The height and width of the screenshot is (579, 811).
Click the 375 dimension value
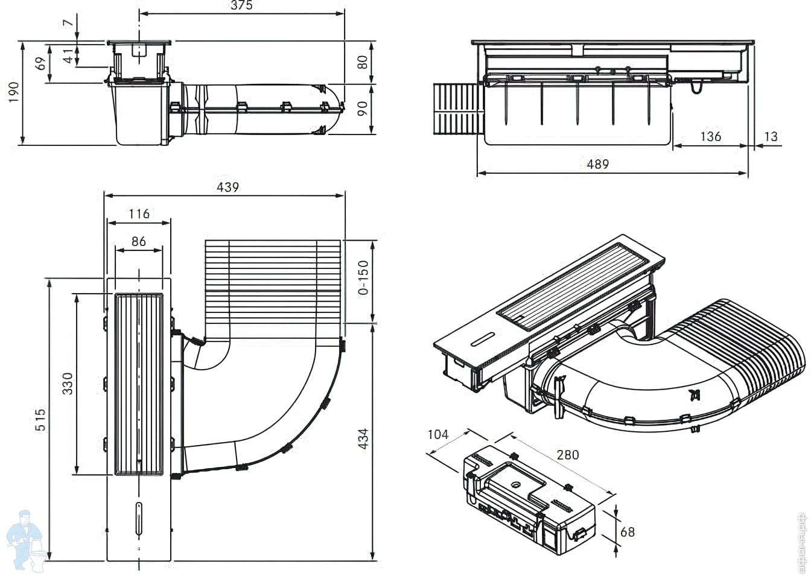[241, 5]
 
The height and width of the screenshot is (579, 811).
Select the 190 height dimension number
[14, 92]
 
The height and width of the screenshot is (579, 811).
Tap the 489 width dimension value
[598, 164]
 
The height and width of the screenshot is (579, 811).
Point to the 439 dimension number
[227, 187]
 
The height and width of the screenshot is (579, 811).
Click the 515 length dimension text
[40, 420]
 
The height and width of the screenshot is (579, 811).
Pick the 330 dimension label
[68, 384]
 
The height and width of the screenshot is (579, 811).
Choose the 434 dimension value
[363, 439]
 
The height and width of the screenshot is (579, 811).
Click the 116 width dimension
[139, 214]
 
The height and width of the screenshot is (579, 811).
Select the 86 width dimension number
[139, 241]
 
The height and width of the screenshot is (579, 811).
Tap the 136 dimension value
[710, 136]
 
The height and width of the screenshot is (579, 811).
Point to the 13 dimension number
[771, 136]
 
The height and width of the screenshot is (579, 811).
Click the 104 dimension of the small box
[437, 434]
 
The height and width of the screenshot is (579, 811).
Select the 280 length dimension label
[568, 455]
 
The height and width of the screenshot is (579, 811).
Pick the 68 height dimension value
[628, 532]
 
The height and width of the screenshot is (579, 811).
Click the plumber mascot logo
[25, 542]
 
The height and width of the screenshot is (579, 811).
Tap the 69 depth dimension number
[42, 63]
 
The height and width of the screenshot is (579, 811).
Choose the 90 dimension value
[362, 109]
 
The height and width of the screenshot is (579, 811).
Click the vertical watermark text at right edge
[802, 543]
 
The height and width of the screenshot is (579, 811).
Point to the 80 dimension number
[362, 62]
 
